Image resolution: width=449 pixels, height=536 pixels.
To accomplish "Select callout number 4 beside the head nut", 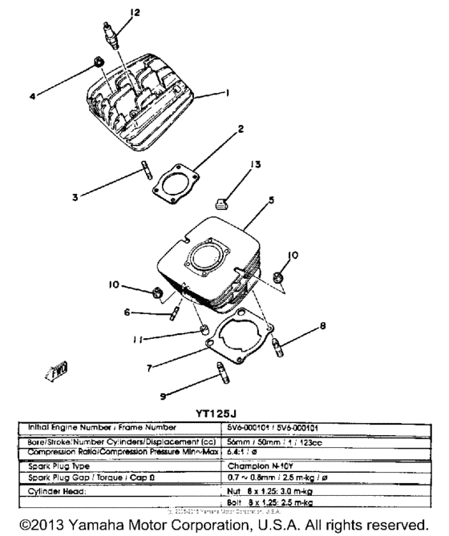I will coord(33,97).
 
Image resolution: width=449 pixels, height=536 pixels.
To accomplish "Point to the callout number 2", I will coord(240,128).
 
